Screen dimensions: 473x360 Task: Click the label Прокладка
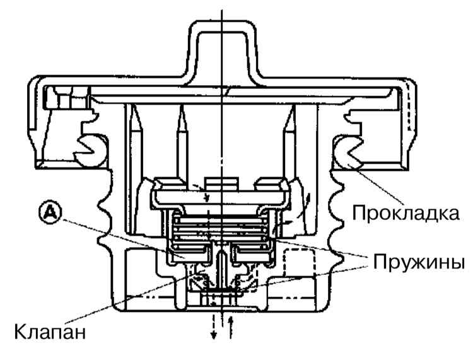406,213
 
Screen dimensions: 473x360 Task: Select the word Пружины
419,262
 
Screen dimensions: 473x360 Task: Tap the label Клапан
50,332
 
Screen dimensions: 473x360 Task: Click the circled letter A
50,212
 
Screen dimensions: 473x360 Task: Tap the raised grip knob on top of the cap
222,51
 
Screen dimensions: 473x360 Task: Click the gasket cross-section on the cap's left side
91,151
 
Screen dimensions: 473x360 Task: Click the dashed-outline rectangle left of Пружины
299,262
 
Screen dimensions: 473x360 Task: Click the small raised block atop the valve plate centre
222,183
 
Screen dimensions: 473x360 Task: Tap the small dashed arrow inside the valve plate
201,192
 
